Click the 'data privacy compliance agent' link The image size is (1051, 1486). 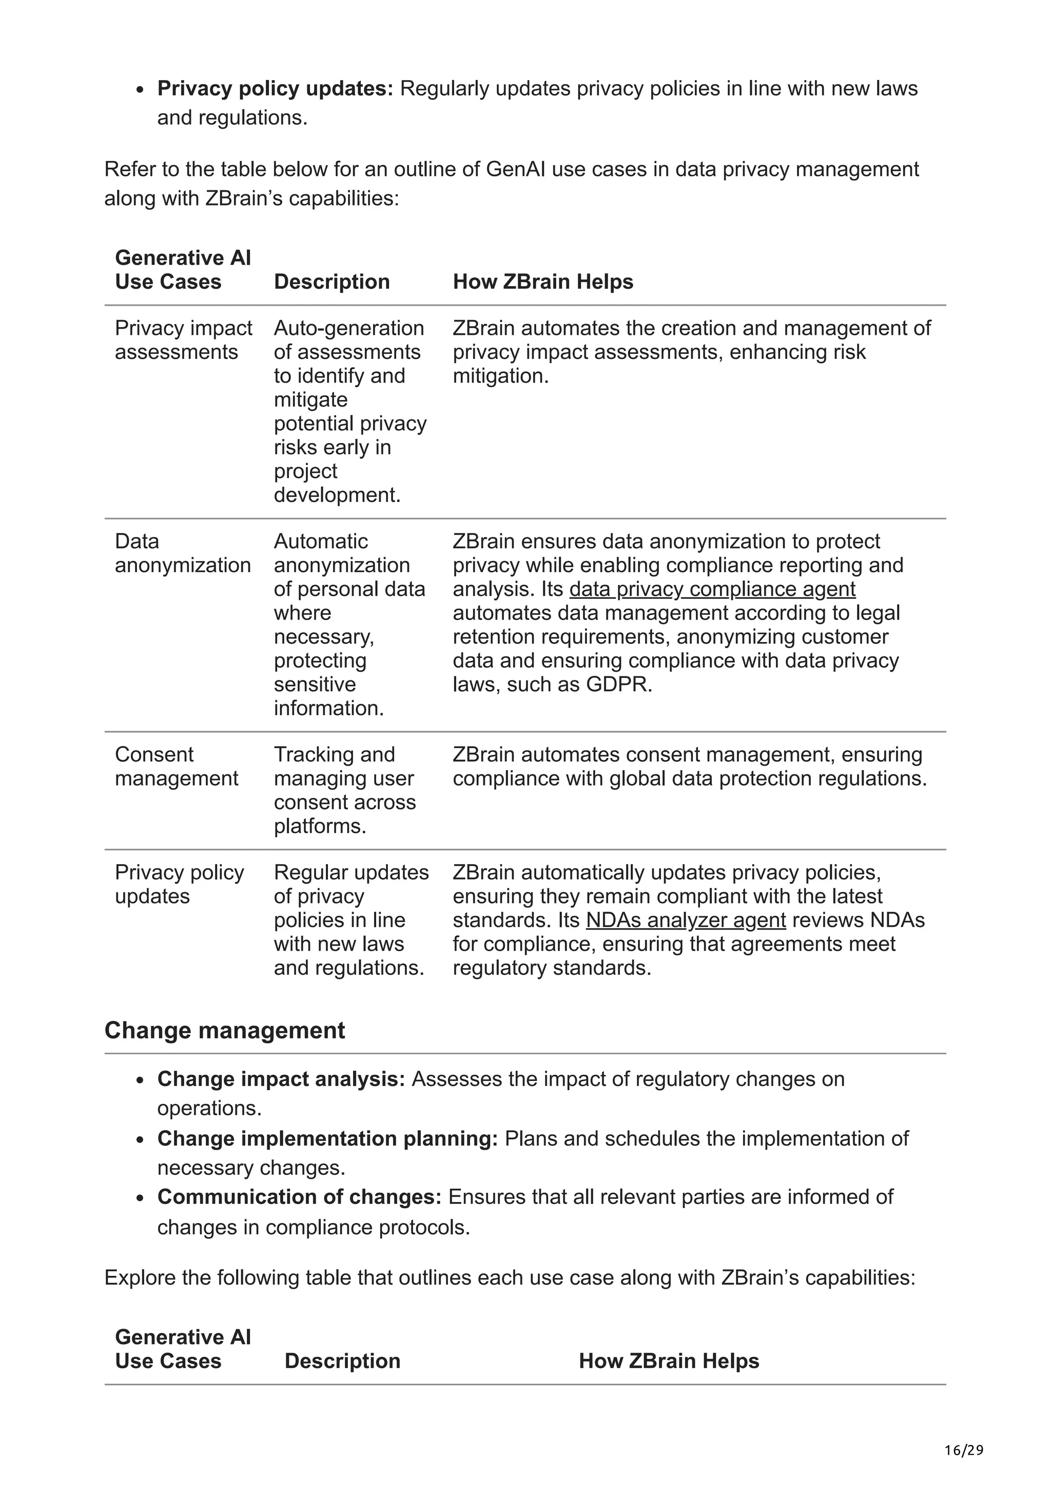pos(712,589)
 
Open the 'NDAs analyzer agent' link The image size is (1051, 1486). pos(685,920)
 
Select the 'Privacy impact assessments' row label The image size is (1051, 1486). pos(183,340)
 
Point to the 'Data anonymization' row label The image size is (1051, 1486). pos(182,553)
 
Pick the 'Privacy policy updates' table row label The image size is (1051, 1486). pos(180,884)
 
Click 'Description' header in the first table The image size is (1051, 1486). pos(332,282)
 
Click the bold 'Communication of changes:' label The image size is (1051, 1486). pos(299,1197)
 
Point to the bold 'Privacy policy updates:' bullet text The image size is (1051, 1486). pos(275,88)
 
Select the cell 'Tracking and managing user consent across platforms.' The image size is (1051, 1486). pos(344,790)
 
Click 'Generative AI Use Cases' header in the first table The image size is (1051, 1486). pos(183,270)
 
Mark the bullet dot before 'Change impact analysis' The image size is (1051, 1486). pos(140,1080)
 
